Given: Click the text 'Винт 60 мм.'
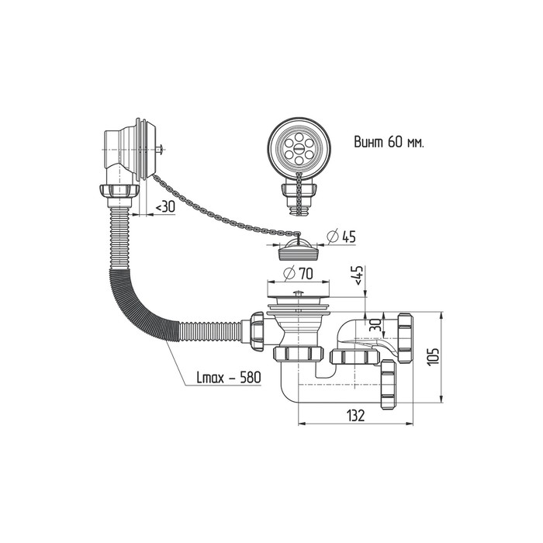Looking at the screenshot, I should pos(389,144).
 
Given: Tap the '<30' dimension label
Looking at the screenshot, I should pos(164,207).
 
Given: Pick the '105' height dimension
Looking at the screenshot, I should pos(434,356).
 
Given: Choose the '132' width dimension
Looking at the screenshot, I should pos(355,416).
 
